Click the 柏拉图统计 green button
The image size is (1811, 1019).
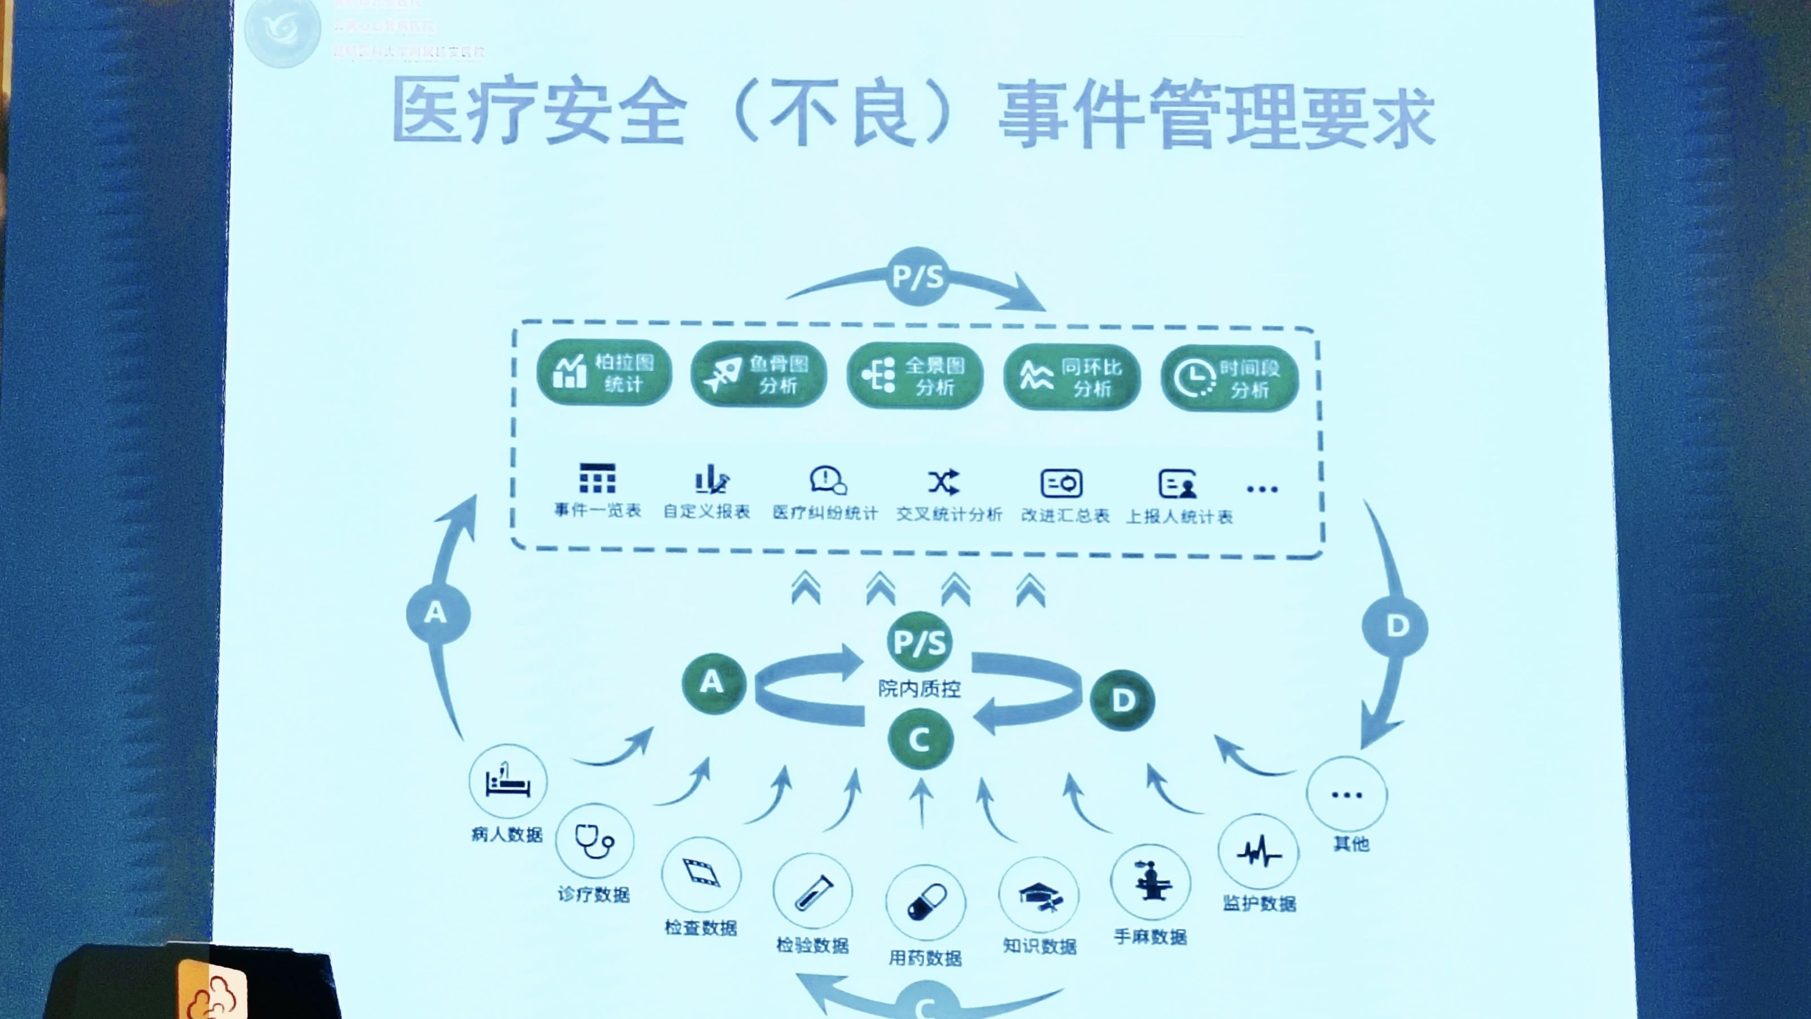pyautogui.click(x=604, y=372)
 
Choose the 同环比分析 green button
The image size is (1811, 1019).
pyautogui.click(x=1071, y=378)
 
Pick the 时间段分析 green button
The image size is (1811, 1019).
pyautogui.click(x=1229, y=379)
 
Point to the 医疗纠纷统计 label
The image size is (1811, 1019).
pyautogui.click(x=825, y=513)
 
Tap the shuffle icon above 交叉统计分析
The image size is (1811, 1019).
pyautogui.click(x=943, y=482)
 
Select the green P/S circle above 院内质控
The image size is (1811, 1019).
pyautogui.click(x=919, y=641)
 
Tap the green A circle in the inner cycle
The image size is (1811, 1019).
pyautogui.click(x=713, y=683)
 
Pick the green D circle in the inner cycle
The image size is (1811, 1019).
pyautogui.click(x=1122, y=700)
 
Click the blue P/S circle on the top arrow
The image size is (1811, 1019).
pyautogui.click(x=917, y=276)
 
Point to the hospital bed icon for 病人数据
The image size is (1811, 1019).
pyautogui.click(x=508, y=781)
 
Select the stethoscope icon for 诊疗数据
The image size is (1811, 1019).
pyautogui.click(x=594, y=841)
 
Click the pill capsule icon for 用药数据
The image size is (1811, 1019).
pyautogui.click(x=925, y=903)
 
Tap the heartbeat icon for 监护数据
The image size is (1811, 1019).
pyautogui.click(x=1258, y=853)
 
